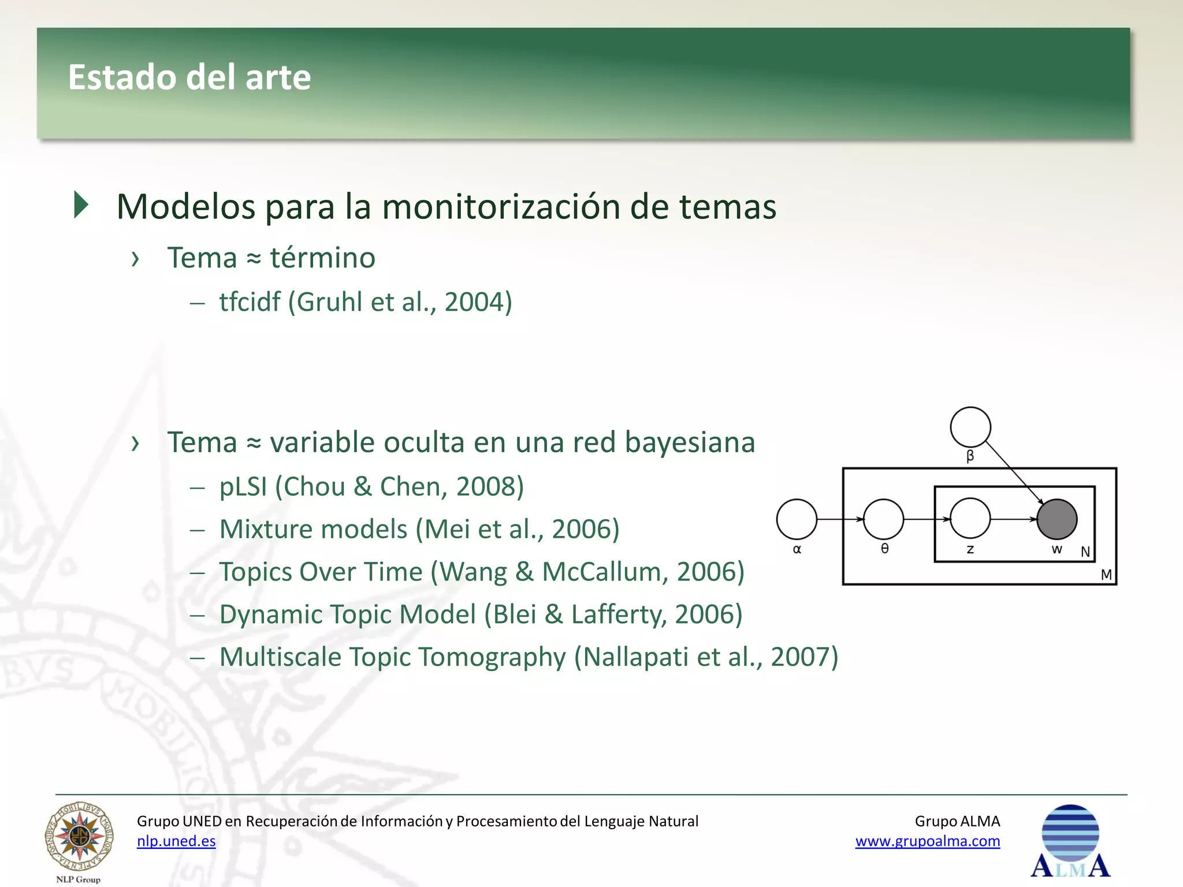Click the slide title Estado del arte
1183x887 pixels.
(189, 77)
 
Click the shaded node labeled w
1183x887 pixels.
(1056, 519)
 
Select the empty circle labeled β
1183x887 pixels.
(970, 427)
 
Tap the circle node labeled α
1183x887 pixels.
(797, 519)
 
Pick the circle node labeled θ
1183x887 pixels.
(883, 519)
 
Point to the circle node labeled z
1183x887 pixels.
(970, 519)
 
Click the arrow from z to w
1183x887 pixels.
(1014, 519)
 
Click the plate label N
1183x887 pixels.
(1085, 552)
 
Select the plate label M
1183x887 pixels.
(1106, 575)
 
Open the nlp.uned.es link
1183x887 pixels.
(176, 841)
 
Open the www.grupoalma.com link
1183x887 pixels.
(928, 841)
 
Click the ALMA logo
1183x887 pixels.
(1070, 842)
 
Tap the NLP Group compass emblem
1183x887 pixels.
(80, 837)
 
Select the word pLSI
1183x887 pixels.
(243, 487)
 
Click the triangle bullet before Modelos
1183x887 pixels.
(81, 205)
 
